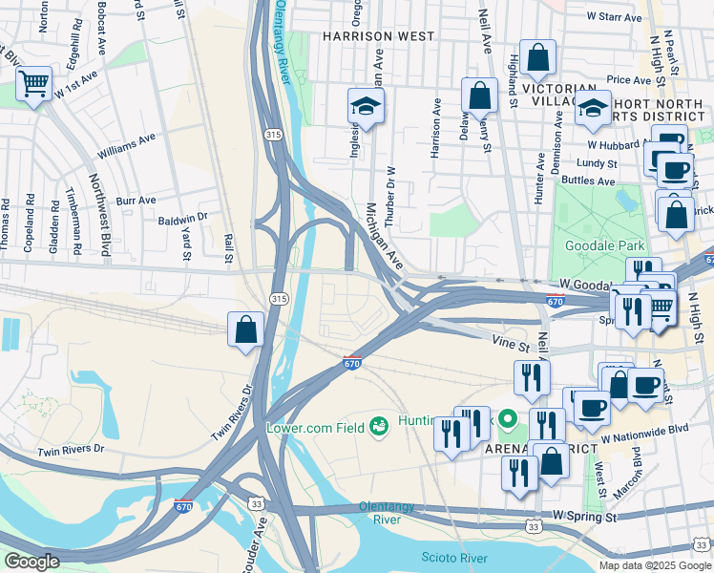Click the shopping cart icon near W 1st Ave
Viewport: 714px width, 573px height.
pos(34,84)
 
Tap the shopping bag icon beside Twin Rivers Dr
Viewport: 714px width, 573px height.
pos(246,329)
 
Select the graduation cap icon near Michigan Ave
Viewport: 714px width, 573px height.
pos(365,106)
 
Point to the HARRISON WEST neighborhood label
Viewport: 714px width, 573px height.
pos(379,36)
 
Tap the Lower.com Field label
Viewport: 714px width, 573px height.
pos(316,427)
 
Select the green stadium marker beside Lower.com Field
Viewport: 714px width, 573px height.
pos(379,426)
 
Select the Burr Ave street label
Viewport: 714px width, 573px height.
pos(136,201)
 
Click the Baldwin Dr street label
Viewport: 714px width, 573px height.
pos(182,218)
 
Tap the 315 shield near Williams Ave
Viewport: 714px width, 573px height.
pos(274,135)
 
